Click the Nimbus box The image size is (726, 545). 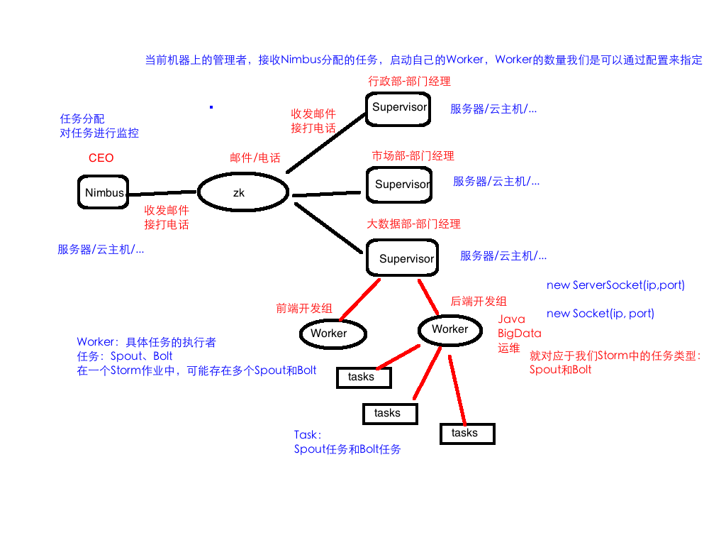104,192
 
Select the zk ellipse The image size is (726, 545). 243,192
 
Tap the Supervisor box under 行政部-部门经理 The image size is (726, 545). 399,108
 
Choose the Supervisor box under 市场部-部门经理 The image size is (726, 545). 399,185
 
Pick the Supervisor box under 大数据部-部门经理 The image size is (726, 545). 402,258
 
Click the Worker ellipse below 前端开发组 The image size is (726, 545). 333,334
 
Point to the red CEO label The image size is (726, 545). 101,158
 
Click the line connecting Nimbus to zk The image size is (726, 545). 162,193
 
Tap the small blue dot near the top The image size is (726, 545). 211,107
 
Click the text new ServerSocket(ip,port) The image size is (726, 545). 615,285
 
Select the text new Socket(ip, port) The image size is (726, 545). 600,313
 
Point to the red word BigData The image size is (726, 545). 519,334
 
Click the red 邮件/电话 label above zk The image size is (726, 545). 255,158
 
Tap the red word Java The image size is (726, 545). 511,319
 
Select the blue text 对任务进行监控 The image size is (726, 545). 99,133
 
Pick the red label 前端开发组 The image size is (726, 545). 303,308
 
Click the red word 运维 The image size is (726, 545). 508,348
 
